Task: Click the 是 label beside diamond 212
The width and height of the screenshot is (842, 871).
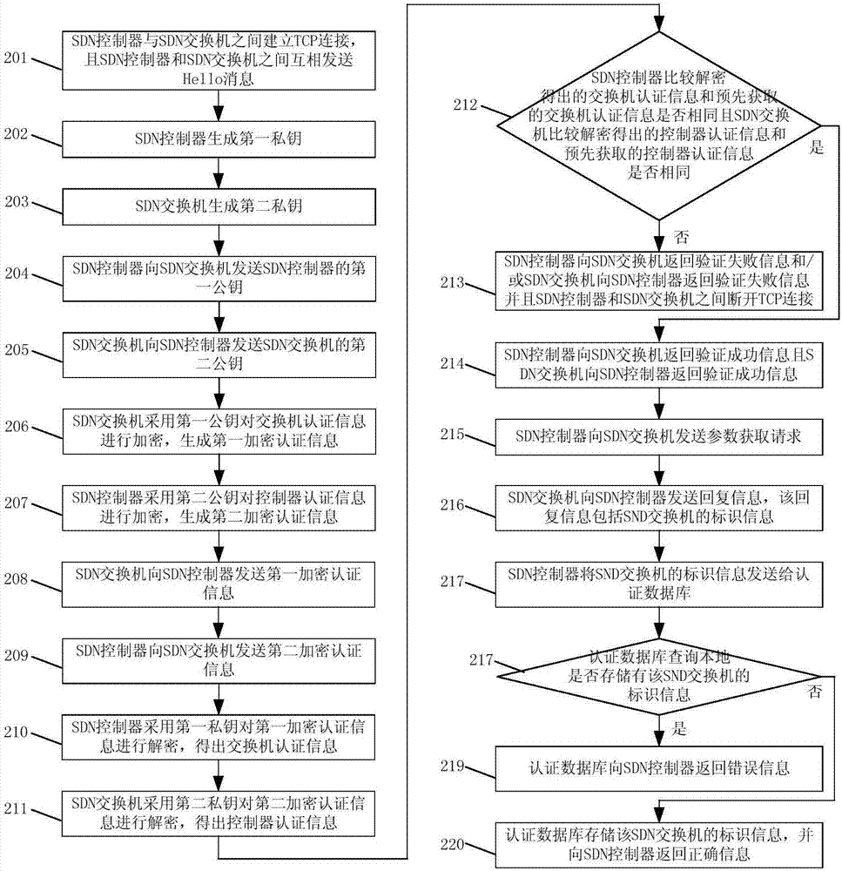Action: coord(817,149)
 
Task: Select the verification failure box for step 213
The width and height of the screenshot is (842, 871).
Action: coord(658,281)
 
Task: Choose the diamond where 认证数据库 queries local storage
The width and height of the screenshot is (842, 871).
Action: coord(658,676)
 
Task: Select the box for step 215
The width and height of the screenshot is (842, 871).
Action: coord(658,436)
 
